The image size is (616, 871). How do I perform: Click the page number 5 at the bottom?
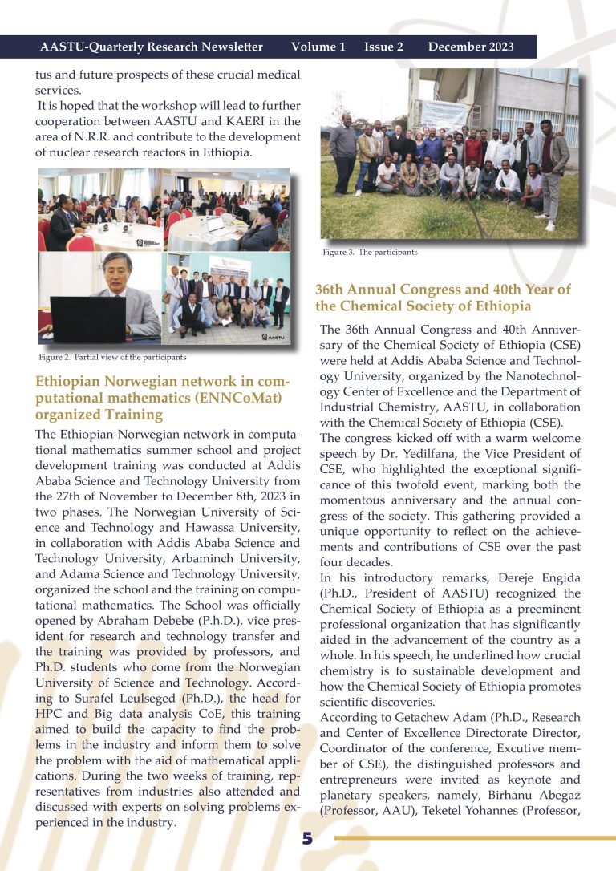click(x=307, y=838)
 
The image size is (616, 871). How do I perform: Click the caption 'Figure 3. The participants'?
click(x=370, y=252)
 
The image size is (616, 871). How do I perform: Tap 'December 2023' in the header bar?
click(x=471, y=47)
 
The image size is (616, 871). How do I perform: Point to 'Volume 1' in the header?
click(x=318, y=47)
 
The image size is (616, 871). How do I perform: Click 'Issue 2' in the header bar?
click(x=383, y=47)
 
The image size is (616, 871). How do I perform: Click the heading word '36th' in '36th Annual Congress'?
click(x=332, y=290)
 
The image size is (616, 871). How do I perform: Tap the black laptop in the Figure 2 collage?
click(x=87, y=318)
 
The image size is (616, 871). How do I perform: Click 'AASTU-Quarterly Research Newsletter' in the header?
click(x=152, y=47)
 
